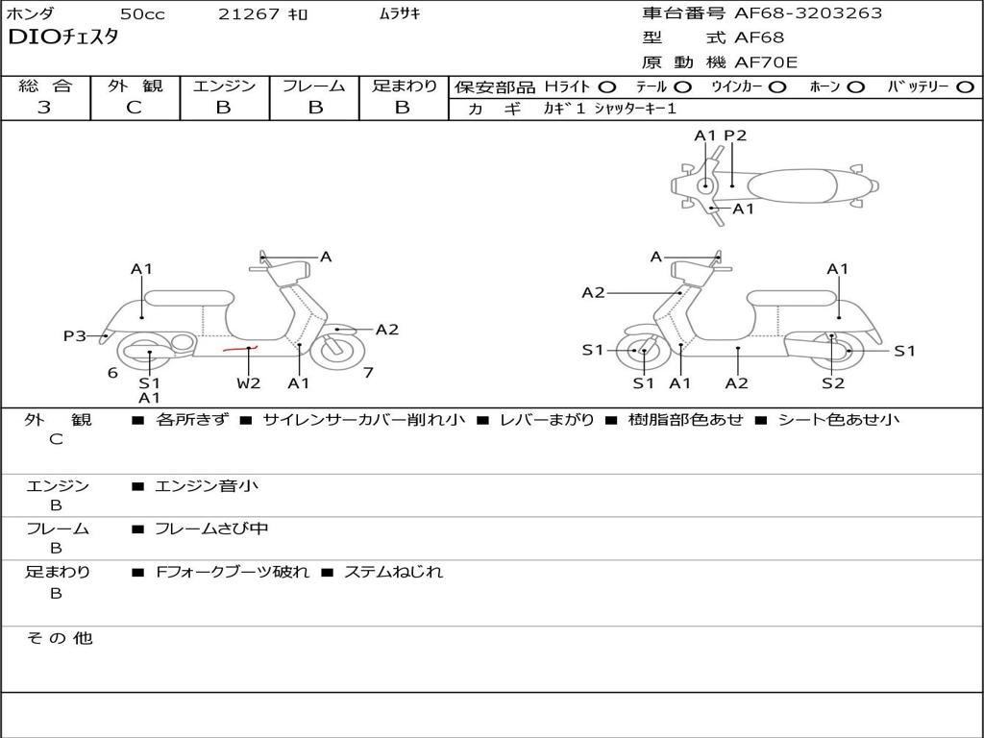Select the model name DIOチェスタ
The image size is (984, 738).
click(63, 38)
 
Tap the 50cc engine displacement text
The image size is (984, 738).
click(141, 14)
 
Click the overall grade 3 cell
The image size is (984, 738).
click(44, 108)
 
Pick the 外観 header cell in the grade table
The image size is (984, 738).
click(135, 86)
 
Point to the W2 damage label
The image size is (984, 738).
click(249, 383)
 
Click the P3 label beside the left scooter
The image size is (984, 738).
click(75, 335)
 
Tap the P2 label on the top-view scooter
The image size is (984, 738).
click(735, 135)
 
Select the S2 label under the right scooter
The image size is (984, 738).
click(832, 383)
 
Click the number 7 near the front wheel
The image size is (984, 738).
click(368, 373)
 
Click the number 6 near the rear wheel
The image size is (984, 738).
click(112, 373)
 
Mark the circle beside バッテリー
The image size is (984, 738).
click(965, 86)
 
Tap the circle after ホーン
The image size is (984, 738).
click(856, 86)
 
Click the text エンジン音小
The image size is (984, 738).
click(206, 486)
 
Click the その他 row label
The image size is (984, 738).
click(60, 638)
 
